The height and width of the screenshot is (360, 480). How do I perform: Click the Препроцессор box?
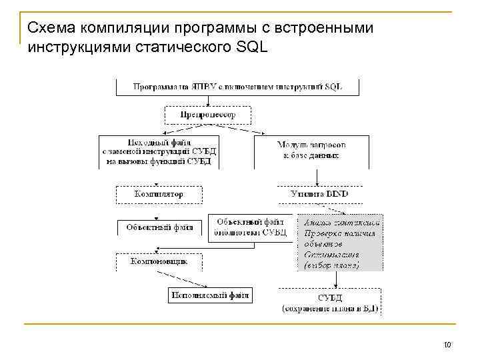208,115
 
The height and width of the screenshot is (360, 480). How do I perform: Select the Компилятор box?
159,194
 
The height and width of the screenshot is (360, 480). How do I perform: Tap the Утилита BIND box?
319,194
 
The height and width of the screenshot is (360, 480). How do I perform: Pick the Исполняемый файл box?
209,295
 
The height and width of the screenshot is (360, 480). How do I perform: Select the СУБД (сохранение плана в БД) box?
329,301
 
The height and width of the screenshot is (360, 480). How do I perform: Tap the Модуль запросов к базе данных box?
311,150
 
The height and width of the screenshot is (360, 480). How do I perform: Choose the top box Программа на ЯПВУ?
238,87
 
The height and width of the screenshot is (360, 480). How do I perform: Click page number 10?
447,345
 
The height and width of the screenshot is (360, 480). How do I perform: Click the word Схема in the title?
51,28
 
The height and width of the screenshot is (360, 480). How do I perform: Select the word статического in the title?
177,47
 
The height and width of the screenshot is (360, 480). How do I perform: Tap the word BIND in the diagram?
336,194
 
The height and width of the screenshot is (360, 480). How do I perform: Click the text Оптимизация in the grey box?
331,255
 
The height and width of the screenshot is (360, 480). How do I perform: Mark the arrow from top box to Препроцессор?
209,100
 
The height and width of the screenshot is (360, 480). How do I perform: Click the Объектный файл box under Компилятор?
159,227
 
